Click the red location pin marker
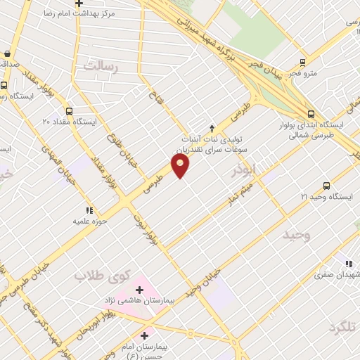(x=181, y=166)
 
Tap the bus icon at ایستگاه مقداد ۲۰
(x=69, y=110)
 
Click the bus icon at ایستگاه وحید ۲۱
(x=326, y=185)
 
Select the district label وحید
(x=296, y=234)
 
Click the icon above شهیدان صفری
(x=349, y=264)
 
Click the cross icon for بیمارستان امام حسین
(x=146, y=335)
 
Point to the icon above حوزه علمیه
(x=89, y=210)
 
